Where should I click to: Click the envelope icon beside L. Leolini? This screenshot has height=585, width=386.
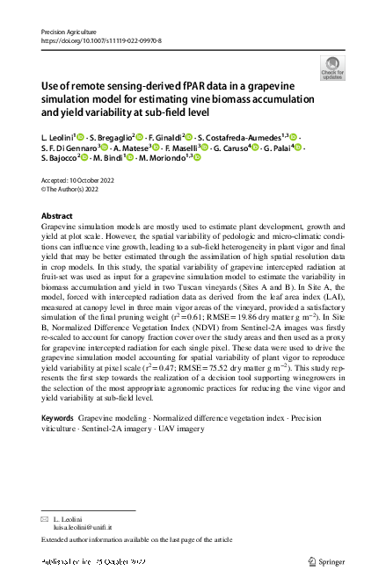[46, 520]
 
